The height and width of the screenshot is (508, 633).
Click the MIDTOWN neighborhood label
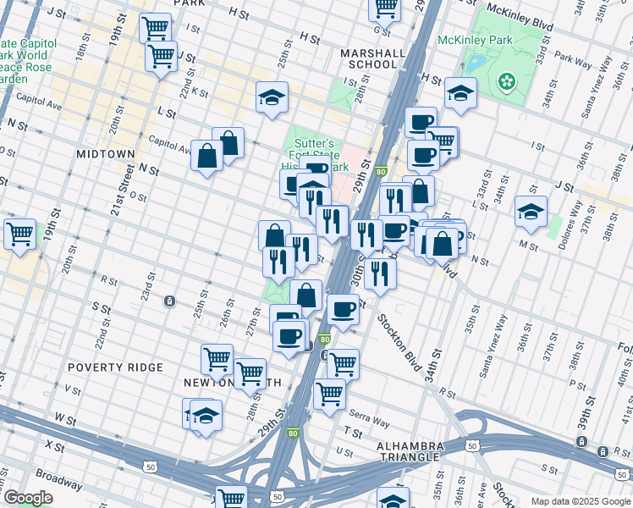(105, 154)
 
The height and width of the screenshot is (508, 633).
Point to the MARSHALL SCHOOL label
(372, 58)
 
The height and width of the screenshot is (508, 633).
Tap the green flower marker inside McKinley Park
(506, 81)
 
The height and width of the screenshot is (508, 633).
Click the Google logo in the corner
(27, 498)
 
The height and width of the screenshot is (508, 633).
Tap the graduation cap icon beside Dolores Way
(531, 212)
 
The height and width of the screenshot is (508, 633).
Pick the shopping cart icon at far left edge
(19, 233)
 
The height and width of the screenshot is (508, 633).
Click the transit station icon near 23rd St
(170, 301)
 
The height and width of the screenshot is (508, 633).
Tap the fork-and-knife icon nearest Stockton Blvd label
(381, 273)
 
